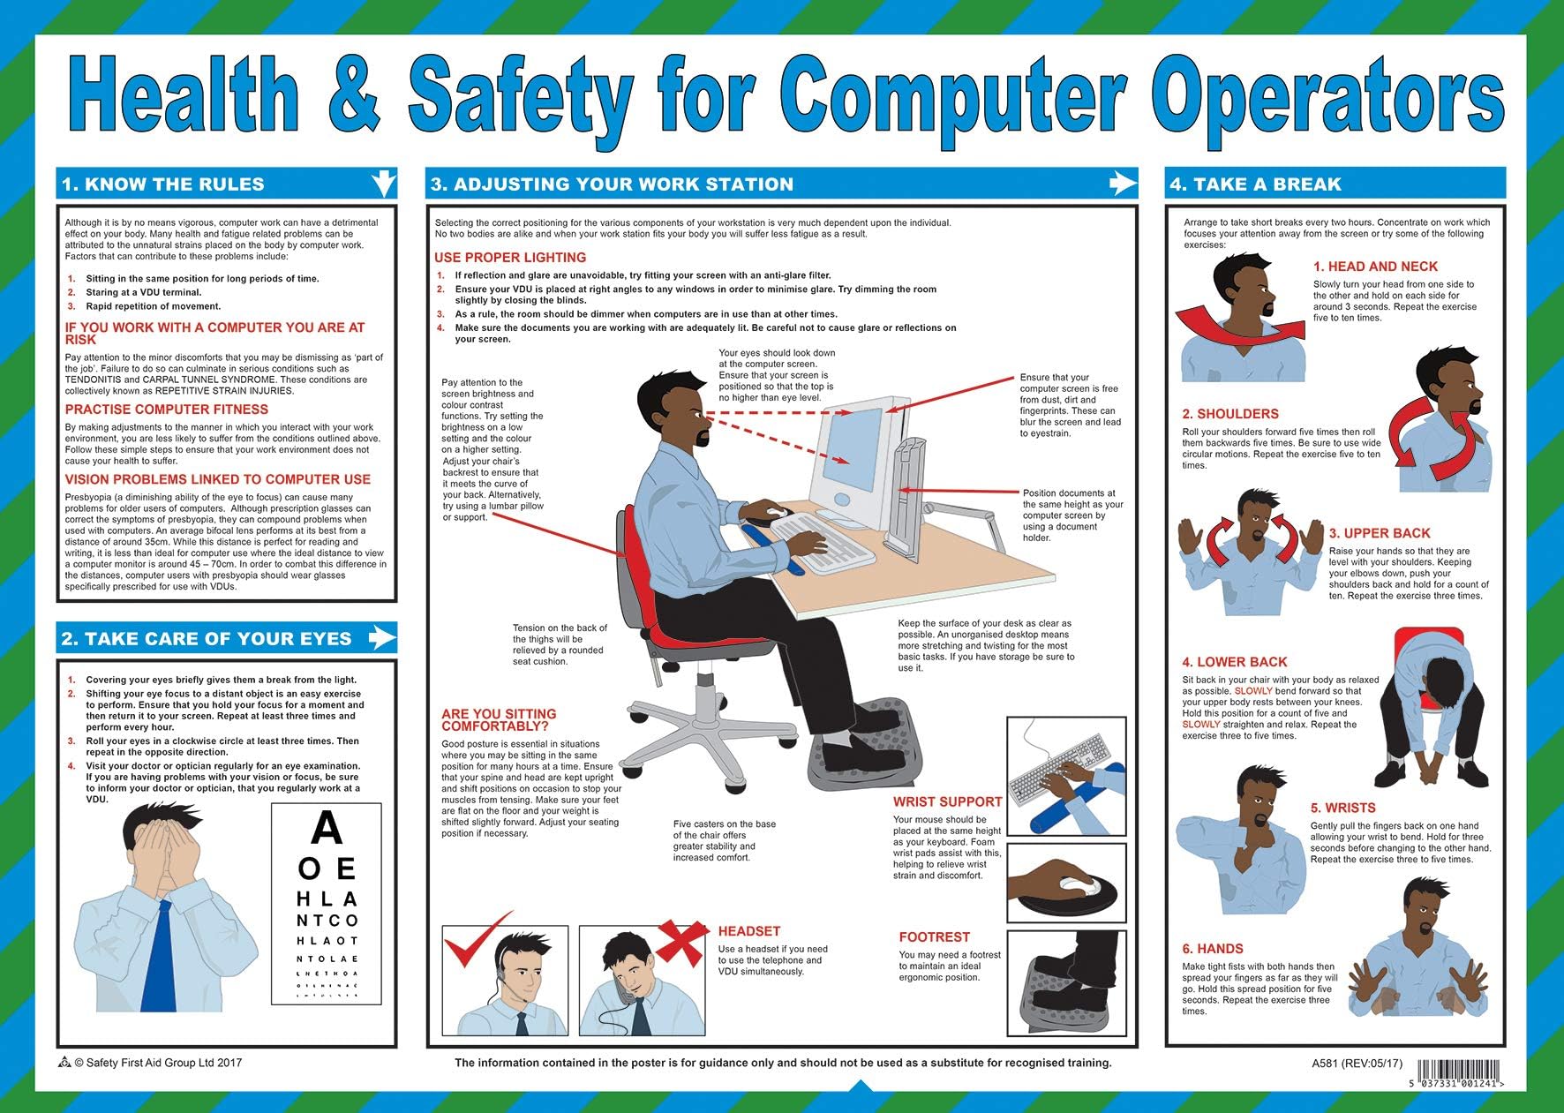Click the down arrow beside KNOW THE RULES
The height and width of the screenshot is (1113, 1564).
coord(384,183)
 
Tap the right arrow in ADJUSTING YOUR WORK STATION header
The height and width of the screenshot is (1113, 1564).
coord(1122,183)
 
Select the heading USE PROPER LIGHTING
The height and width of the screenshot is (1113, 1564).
coord(510,258)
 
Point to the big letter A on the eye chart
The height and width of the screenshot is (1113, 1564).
coord(327,829)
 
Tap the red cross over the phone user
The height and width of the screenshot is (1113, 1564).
coord(680,941)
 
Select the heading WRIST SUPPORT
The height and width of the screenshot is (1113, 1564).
coord(947,802)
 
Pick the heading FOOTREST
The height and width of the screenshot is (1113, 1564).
coord(934,937)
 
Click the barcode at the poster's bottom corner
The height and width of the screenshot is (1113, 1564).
coord(1455,1072)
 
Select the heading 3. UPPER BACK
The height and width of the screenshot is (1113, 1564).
coord(1379,533)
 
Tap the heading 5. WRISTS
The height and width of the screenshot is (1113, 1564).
coord(1342,808)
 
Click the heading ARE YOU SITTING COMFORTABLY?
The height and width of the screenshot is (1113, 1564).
coord(499,720)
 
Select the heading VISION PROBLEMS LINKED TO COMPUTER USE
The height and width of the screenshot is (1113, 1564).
coord(217,479)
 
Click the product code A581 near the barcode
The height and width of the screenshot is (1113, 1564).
coord(1327,1064)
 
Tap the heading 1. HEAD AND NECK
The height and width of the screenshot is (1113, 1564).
coord(1375,267)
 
